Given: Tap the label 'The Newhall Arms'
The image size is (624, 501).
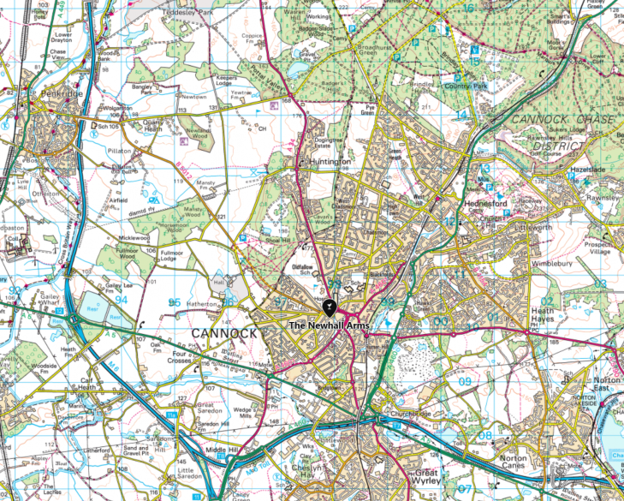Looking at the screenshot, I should (328, 326).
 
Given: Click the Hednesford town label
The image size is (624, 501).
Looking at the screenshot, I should (486, 204).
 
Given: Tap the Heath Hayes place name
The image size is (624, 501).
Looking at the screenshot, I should (544, 316).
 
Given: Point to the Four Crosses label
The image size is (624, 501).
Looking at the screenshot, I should (185, 355).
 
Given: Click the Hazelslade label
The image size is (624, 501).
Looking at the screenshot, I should (586, 171).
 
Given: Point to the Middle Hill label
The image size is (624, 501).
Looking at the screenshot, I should (222, 450).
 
